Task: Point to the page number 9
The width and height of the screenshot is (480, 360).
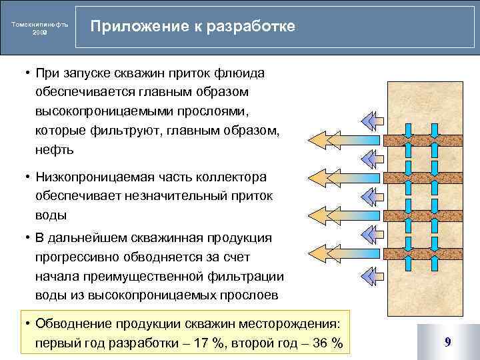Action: (448, 343)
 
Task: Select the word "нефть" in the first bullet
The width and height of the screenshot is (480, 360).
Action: (55, 150)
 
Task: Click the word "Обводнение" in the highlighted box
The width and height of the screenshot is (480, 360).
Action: (73, 323)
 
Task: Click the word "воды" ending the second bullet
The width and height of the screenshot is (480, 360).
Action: (51, 215)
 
